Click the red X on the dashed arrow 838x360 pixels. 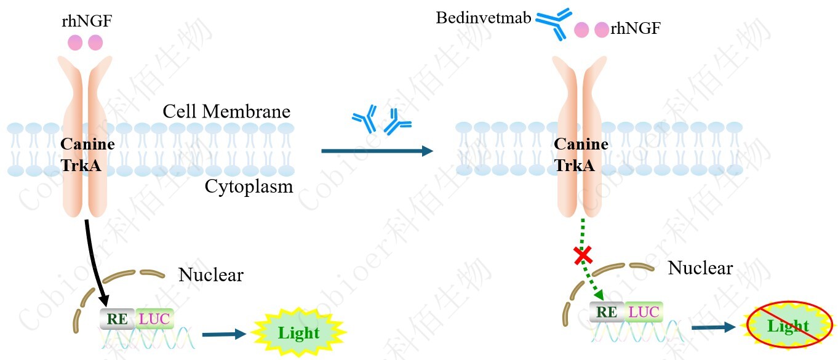point(583,255)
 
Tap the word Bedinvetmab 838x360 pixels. point(483,17)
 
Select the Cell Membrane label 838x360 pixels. point(226,111)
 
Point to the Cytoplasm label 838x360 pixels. point(249,186)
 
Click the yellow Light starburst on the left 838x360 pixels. point(299,333)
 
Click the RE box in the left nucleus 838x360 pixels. point(116,318)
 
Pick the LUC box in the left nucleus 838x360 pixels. point(154,318)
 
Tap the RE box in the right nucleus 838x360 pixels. point(607,312)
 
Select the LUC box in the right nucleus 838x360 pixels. point(644,312)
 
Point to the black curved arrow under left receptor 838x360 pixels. point(96,258)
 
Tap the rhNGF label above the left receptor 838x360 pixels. point(87,22)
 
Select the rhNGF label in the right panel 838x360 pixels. point(636,28)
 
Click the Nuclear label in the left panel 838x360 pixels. point(210,274)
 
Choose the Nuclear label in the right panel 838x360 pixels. point(700,268)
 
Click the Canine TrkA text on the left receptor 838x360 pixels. point(87,154)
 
